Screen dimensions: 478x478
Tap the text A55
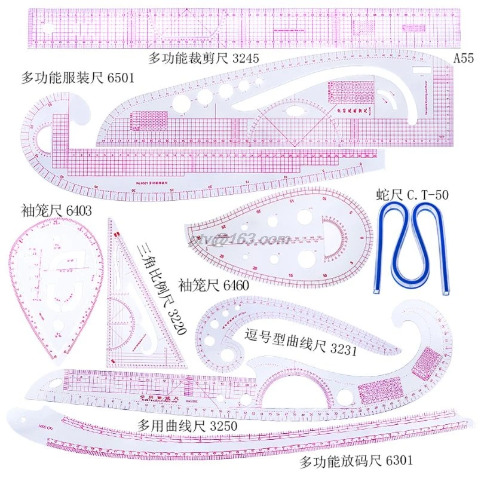coord(464,59)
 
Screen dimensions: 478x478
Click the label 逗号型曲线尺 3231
coord(301,342)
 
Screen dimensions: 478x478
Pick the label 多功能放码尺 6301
coord(356,461)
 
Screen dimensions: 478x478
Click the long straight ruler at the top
coord(239,29)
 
